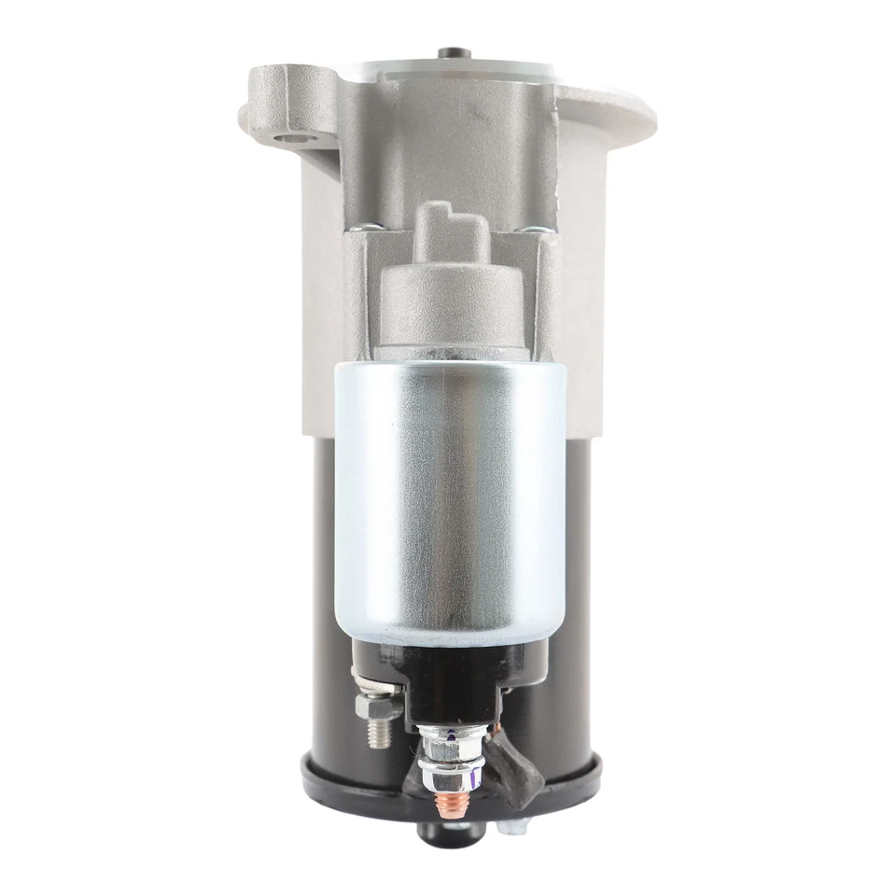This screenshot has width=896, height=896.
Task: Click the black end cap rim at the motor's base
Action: (x=560, y=779)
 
